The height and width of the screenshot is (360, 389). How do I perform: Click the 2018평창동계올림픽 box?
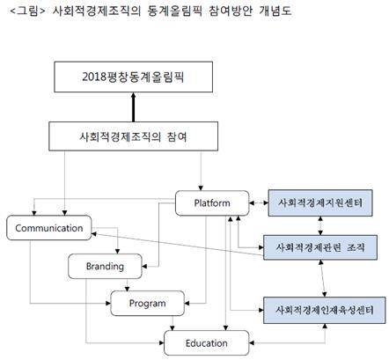134,77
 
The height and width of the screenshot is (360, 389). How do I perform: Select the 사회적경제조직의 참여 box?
134,136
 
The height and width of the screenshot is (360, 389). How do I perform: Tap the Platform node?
212,203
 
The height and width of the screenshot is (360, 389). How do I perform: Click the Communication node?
49,228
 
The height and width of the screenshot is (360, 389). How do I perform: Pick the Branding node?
105,266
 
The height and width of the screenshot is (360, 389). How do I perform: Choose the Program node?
148,303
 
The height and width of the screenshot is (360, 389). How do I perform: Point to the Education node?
207,343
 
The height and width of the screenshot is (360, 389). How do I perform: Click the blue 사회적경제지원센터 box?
320,202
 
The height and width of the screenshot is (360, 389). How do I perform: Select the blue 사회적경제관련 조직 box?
320,247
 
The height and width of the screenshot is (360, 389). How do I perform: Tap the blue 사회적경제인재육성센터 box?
325,310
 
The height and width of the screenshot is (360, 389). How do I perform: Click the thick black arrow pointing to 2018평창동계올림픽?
134,107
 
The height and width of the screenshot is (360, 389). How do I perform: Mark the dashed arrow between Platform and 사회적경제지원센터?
259,202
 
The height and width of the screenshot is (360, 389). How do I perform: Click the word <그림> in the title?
27,11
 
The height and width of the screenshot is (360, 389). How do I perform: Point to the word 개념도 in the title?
275,11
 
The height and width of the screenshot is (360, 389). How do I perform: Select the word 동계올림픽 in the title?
175,11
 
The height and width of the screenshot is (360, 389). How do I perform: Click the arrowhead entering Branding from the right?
144,267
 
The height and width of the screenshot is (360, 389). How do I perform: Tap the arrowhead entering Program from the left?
108,303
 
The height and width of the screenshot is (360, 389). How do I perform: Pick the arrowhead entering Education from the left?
161,342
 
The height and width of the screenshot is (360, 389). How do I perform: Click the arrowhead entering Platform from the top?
201,188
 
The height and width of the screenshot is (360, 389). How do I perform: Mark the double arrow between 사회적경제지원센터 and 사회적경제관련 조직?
320,225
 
